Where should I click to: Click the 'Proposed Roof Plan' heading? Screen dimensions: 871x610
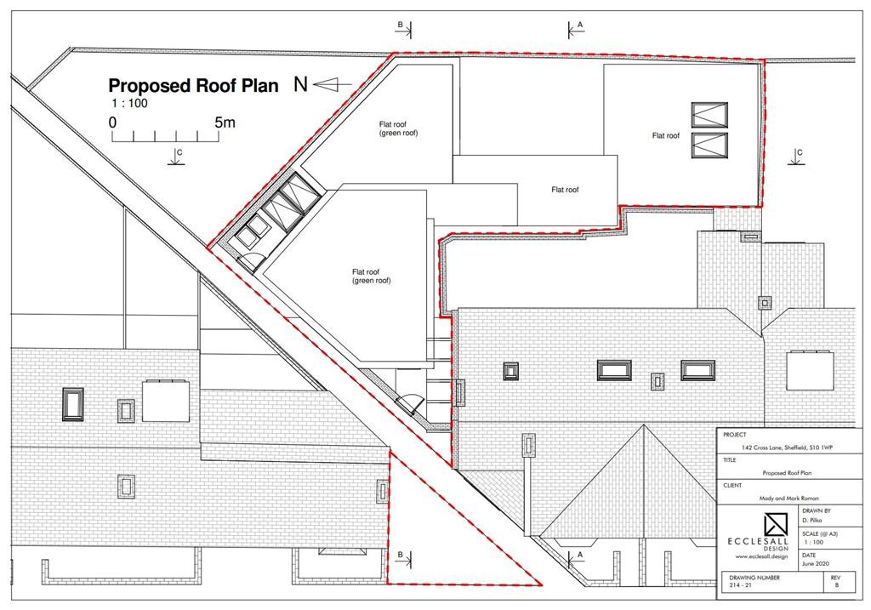[x=193, y=86]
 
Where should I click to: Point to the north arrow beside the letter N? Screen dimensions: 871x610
[x=333, y=84]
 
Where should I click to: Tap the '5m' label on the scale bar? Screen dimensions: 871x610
[x=225, y=122]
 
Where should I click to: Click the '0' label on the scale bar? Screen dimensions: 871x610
[x=113, y=123]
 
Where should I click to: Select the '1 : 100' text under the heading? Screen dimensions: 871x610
[x=129, y=103]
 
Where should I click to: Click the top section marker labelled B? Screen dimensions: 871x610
[x=404, y=29]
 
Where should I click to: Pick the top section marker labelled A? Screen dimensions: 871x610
[x=576, y=29]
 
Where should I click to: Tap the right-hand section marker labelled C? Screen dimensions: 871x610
[x=796, y=157]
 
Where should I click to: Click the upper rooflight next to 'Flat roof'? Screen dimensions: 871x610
[x=709, y=115]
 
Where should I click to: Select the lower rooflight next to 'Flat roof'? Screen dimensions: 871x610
[x=709, y=145]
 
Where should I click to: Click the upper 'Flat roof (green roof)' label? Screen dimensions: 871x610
[x=398, y=128]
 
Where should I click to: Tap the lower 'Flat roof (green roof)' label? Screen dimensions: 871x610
[x=371, y=276]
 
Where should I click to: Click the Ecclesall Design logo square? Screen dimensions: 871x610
[x=776, y=525]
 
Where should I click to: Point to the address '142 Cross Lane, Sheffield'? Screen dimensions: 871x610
[x=787, y=448]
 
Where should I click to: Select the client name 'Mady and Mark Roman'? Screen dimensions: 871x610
[x=788, y=499]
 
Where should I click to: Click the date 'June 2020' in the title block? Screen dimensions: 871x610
[x=816, y=563]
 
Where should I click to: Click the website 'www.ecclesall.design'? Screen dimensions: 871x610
[x=761, y=556]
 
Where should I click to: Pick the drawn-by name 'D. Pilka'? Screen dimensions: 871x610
[x=811, y=521]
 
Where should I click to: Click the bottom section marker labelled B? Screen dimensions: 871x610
[x=404, y=558]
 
